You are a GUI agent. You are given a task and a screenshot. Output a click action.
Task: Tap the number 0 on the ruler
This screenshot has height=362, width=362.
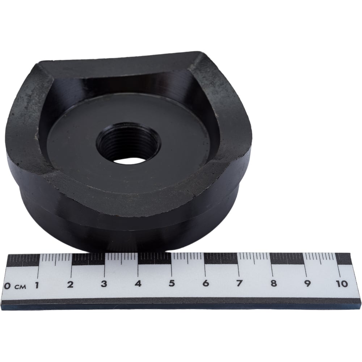click(x=7, y=286)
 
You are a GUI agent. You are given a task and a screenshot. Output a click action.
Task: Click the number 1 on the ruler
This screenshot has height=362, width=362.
click(x=37, y=286)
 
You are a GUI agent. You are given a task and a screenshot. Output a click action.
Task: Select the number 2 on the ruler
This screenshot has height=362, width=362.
click(x=71, y=285)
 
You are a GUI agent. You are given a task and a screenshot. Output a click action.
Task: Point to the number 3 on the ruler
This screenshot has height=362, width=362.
click(x=104, y=284)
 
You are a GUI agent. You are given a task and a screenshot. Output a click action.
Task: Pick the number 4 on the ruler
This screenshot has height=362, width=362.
click(x=138, y=284)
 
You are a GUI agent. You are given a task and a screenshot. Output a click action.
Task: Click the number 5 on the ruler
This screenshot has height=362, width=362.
click(x=172, y=283)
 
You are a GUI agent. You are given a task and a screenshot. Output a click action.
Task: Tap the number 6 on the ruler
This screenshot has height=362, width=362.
click(x=206, y=283)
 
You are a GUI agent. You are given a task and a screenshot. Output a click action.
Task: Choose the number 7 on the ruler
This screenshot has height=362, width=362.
click(x=239, y=283)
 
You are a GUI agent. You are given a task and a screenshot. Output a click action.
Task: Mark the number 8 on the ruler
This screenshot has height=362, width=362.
click(x=274, y=283)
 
